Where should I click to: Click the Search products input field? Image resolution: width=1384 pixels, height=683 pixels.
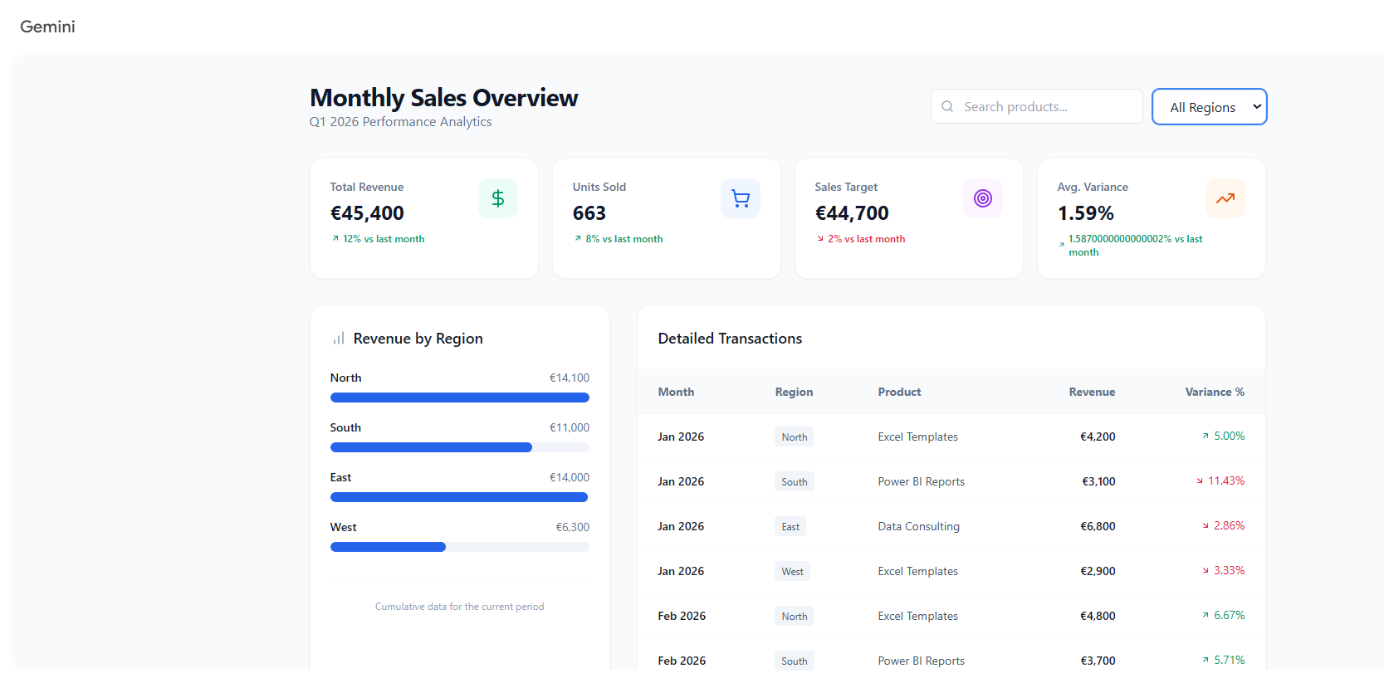[1036, 106]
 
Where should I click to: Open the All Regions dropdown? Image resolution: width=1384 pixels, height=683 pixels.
[1209, 107]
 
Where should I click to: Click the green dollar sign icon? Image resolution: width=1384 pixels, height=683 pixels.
[498, 198]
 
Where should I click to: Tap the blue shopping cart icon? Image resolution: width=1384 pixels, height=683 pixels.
[741, 198]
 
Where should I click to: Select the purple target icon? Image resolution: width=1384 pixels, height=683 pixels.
[982, 198]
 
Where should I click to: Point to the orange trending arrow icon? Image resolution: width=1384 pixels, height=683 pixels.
[1225, 198]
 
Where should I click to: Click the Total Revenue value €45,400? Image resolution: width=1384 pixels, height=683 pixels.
[367, 213]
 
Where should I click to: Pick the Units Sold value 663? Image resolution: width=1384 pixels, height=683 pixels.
[589, 213]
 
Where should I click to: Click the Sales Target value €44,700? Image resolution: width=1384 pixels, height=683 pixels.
[852, 213]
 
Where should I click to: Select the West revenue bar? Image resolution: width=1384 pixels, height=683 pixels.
[388, 547]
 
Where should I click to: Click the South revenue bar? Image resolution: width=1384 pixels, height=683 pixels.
[431, 447]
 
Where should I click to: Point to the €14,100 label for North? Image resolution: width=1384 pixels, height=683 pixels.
[569, 378]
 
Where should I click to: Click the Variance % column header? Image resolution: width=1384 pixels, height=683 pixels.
[1215, 392]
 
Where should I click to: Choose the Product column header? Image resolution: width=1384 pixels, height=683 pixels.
[899, 392]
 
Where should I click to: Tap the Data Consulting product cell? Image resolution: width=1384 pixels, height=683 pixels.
[919, 526]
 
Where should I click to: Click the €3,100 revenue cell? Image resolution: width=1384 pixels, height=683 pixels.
[1098, 481]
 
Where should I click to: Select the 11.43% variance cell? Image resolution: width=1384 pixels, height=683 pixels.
[1220, 481]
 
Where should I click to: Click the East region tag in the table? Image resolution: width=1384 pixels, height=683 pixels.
[790, 526]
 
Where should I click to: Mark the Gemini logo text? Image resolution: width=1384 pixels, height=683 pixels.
[47, 27]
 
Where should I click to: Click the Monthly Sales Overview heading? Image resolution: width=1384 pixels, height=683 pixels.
[443, 98]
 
